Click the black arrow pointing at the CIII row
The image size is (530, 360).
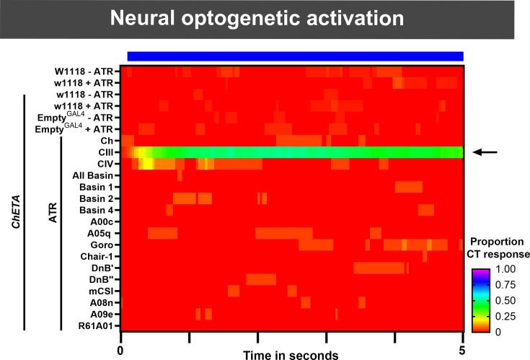tap(485, 152)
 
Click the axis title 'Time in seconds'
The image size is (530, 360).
tap(291, 354)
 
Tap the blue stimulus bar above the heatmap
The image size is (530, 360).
tap(295, 56)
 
